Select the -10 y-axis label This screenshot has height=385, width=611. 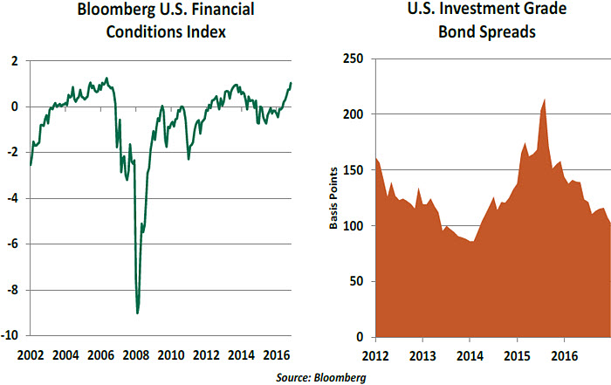click(12, 335)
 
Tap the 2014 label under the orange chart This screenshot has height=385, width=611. click(470, 355)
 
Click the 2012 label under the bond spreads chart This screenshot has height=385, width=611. click(375, 355)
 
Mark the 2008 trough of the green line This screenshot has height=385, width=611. click(138, 313)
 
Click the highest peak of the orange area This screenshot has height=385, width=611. click(545, 100)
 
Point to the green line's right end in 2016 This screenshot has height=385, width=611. click(291, 83)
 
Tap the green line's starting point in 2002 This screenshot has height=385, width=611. click(31, 164)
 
